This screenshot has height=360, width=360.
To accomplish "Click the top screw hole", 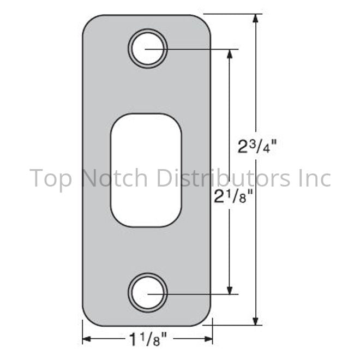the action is [148, 49].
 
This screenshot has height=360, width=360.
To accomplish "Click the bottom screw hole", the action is [148, 293].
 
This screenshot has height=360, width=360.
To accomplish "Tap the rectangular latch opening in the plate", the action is [146, 170].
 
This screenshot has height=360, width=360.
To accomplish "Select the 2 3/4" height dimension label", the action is [257, 147].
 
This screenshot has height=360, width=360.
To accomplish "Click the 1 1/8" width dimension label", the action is [148, 339].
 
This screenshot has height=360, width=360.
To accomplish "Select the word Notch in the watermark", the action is [115, 177].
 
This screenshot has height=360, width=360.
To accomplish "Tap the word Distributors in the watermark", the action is [224, 177].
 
